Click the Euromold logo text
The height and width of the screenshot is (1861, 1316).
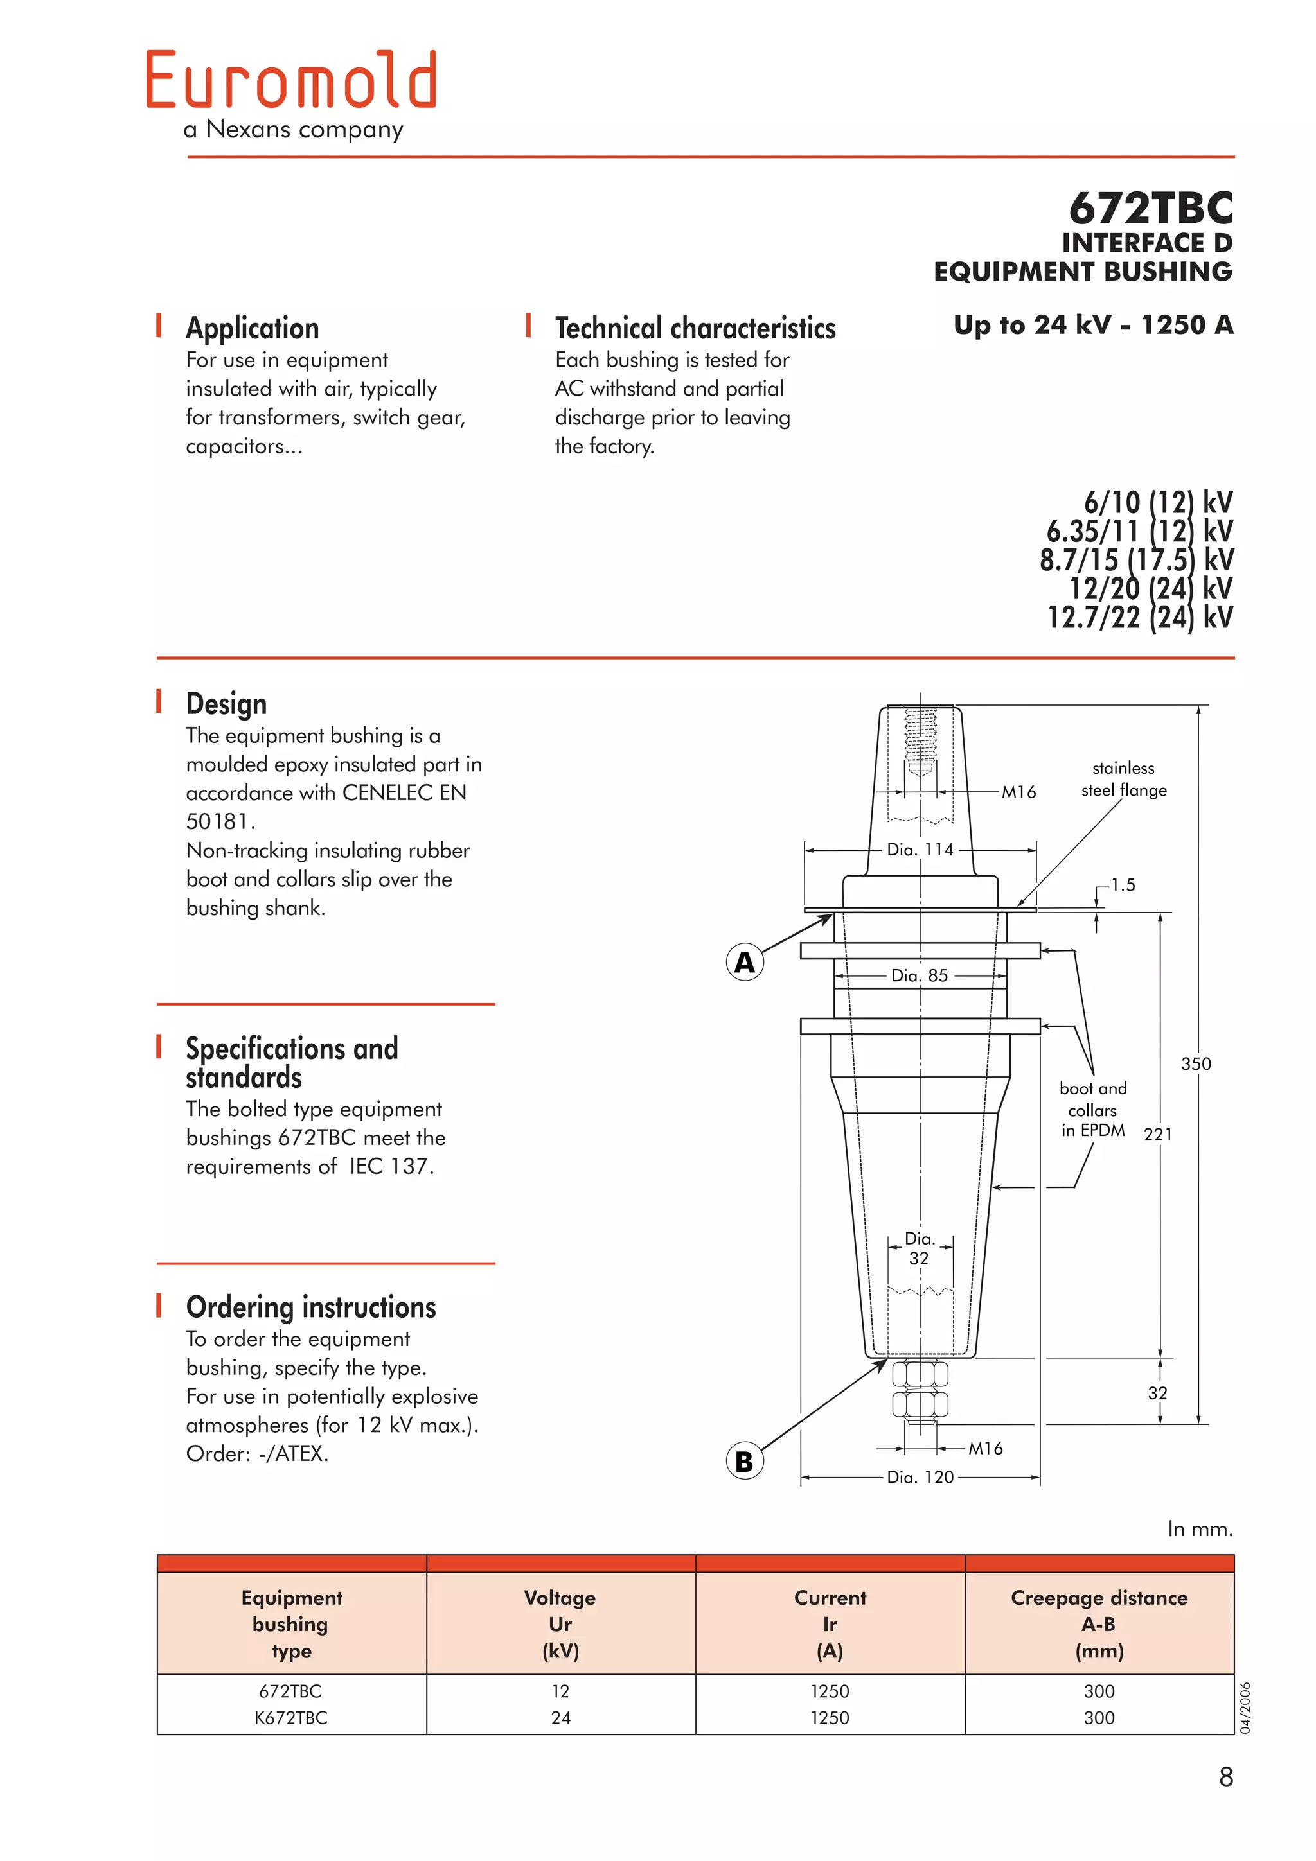[x=291, y=81]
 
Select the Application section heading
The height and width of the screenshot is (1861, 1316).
[x=252, y=328]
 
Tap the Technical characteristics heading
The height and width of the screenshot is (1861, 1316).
[x=695, y=328]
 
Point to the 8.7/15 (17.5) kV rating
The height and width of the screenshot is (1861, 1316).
[x=1136, y=560]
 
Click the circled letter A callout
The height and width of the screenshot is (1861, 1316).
[x=743, y=962]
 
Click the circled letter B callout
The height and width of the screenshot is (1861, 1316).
[x=743, y=1462]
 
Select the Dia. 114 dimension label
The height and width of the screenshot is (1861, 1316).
[x=920, y=850]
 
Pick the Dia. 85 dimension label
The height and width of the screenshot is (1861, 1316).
[x=920, y=975]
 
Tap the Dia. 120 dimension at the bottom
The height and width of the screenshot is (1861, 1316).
[x=920, y=1477]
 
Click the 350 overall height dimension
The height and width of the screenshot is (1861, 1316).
[x=1195, y=1063]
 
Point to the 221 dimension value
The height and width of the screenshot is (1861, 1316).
[x=1157, y=1135]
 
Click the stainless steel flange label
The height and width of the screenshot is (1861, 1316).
[x=1123, y=779]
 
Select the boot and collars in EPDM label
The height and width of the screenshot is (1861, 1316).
[x=1092, y=1109]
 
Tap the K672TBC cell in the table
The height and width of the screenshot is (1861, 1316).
[x=291, y=1718]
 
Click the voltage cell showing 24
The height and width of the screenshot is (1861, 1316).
[x=560, y=1718]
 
